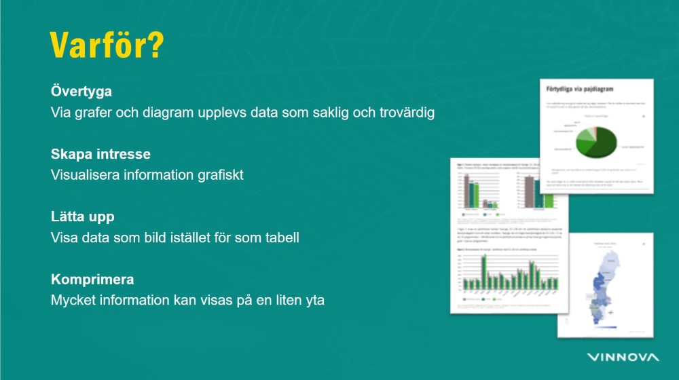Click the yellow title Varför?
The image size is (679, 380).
click(107, 45)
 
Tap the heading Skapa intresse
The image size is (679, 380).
click(100, 154)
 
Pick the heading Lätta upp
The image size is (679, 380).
click(82, 217)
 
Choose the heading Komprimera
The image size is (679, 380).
click(92, 280)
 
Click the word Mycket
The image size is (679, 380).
click(72, 300)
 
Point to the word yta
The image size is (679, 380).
click(314, 300)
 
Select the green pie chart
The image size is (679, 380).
click(595, 140)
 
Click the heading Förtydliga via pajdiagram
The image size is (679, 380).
click(585, 88)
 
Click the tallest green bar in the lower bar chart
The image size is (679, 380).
click(484, 270)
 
